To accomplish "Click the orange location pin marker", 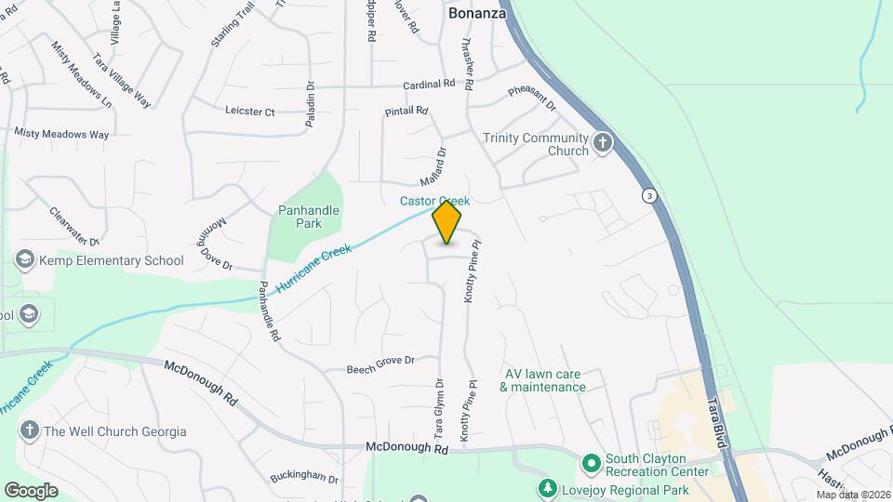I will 446,221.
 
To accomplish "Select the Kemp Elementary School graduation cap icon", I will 25,260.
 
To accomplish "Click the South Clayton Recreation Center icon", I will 590,463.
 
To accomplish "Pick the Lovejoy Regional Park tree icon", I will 549,488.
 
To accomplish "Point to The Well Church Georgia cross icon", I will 29,430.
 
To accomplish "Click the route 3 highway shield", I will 647,195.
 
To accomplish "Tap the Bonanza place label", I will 477,13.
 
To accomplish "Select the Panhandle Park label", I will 309,217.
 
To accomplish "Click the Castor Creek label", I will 434,201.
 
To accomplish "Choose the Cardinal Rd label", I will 429,85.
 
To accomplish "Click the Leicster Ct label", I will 250,112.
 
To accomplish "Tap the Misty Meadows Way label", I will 61,135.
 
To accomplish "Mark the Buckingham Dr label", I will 304,478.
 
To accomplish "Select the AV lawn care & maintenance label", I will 545,380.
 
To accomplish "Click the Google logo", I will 31,490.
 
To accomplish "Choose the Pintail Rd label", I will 407,112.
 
